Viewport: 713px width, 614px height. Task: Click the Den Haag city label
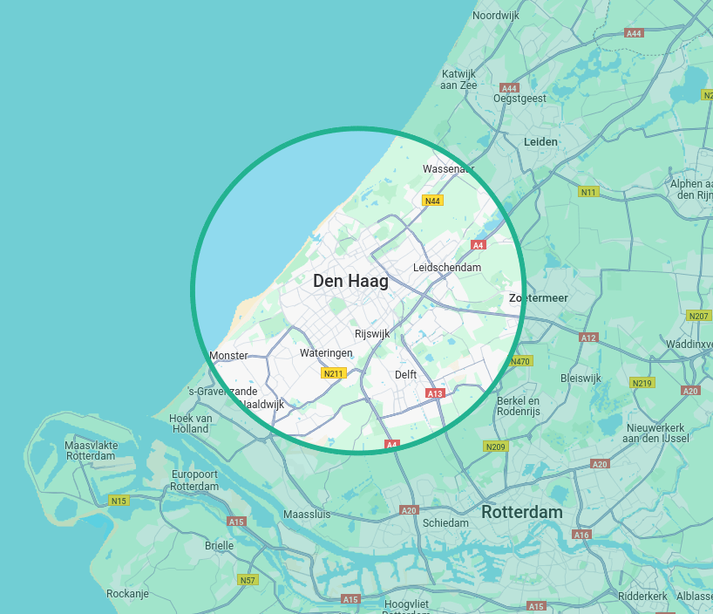[350, 281]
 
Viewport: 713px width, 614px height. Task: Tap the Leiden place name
[540, 141]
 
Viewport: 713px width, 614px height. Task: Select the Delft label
[405, 374]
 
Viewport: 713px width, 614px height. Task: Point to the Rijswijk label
[372, 333]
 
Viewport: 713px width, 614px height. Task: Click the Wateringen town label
[326, 353]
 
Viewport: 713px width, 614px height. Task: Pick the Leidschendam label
[447, 267]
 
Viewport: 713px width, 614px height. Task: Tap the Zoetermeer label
[539, 297]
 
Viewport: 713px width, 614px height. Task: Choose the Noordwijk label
[496, 16]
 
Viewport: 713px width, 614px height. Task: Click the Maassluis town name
[307, 514]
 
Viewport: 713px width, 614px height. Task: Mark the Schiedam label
[445, 522]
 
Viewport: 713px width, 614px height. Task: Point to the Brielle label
[219, 545]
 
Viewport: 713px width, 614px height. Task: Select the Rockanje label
[127, 593]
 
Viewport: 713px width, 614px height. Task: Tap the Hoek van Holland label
[191, 423]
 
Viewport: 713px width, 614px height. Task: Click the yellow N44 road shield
[432, 201]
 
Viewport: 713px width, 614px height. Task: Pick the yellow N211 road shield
[332, 374]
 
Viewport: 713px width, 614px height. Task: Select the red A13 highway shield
[436, 393]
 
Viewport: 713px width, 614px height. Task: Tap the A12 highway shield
[588, 338]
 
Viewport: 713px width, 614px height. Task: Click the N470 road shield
[520, 361]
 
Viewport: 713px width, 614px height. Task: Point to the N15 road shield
[119, 501]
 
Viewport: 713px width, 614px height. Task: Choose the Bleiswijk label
[581, 379]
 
